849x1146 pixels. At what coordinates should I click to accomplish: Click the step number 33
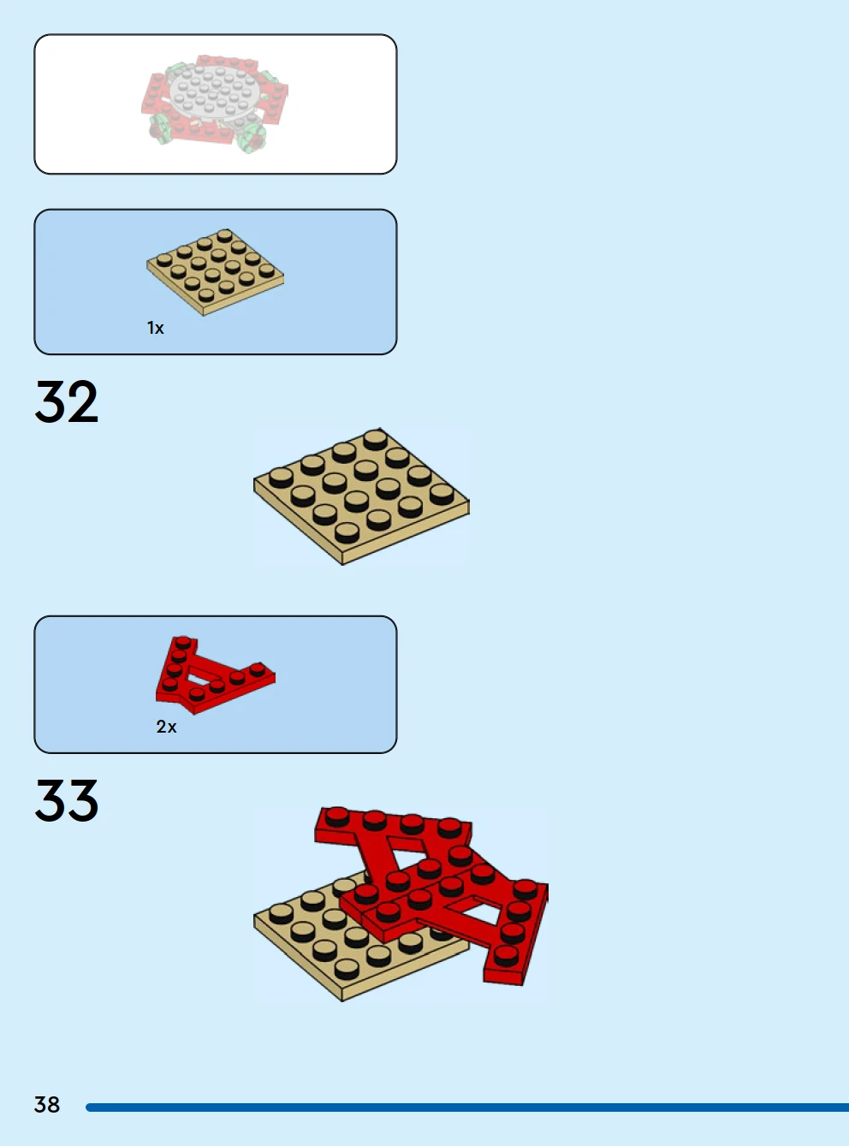[66, 800]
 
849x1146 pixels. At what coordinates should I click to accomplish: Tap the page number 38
[47, 1105]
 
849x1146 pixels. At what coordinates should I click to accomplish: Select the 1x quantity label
[156, 328]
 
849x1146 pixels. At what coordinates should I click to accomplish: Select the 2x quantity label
[166, 727]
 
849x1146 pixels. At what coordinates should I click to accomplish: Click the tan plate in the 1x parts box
[215, 272]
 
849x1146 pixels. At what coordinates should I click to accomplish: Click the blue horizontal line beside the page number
[467, 1107]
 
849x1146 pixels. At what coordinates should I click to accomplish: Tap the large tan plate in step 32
[361, 496]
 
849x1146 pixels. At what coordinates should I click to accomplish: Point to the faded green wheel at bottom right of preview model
[252, 138]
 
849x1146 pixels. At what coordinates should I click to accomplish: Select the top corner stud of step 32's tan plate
[375, 441]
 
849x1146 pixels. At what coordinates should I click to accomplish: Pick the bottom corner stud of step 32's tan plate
[347, 532]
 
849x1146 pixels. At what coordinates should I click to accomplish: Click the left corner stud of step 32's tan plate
[281, 478]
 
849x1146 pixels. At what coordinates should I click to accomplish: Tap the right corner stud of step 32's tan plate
[442, 495]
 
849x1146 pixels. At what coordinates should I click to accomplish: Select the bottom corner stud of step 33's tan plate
[347, 970]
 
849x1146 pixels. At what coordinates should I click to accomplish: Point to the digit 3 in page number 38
[40, 1105]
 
